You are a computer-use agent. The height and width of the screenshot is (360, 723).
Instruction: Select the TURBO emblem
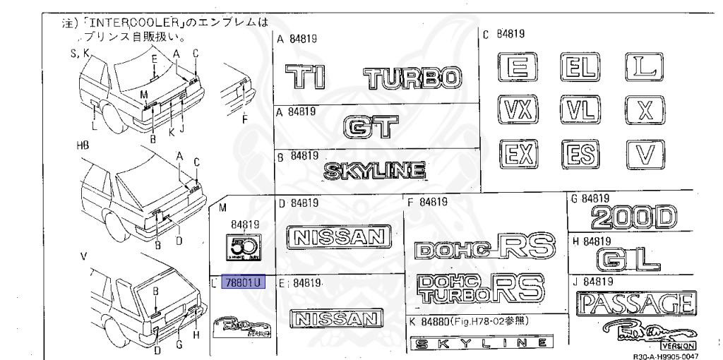coord(414,77)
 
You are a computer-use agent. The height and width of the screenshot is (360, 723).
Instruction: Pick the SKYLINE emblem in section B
coord(374,170)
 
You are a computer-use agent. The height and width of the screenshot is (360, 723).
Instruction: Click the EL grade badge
coord(580,68)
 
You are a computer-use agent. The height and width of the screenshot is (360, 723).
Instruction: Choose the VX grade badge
coord(518,110)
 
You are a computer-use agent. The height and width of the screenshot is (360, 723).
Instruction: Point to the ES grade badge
coord(580,153)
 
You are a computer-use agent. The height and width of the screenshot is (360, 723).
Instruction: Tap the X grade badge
coord(643,110)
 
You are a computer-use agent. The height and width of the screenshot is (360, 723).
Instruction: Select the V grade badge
coord(643,153)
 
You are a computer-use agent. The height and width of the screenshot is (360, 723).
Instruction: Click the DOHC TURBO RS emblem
coord(480,289)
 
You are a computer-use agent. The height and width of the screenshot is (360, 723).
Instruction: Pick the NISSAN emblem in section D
coord(338,237)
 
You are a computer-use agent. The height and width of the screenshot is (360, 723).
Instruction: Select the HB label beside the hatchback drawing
coord(83,145)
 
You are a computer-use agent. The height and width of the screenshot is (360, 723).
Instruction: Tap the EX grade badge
coord(518,153)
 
